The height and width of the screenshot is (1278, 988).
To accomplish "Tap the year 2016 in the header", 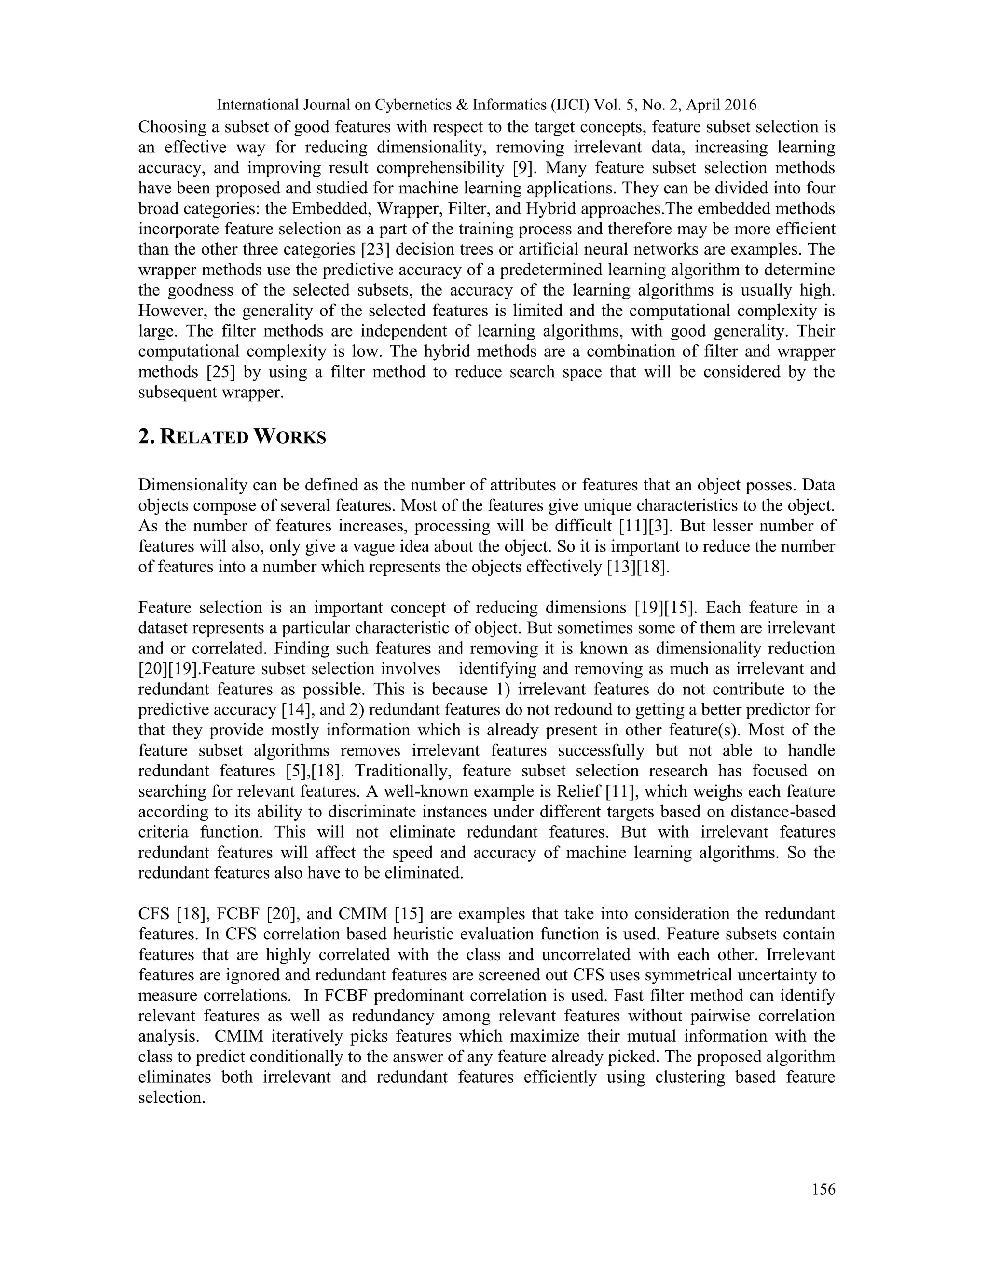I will tap(741, 105).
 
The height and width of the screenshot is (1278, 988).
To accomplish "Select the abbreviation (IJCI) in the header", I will tap(565, 105).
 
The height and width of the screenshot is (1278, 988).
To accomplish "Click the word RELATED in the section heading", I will tap(203, 438).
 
